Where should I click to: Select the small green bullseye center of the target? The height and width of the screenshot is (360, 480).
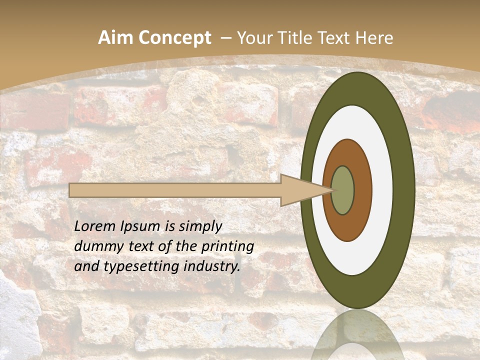tap(343, 190)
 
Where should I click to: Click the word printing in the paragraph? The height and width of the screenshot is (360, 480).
tap(229, 246)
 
